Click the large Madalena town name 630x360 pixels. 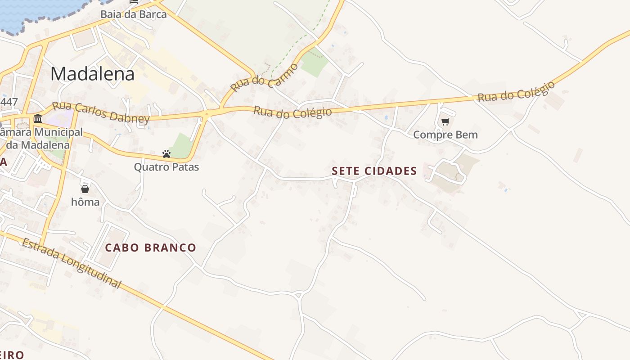(92, 74)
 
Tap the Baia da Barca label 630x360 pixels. (133, 14)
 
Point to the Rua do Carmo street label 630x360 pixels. (265, 78)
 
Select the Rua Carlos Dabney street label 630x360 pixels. (101, 112)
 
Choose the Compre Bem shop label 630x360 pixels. (445, 135)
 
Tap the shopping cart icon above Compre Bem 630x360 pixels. (445, 121)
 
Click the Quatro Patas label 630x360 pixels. (166, 167)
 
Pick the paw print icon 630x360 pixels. (166, 154)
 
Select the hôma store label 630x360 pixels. (85, 202)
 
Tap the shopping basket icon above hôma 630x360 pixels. (85, 189)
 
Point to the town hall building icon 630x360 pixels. (38, 119)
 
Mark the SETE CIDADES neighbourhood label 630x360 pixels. (374, 171)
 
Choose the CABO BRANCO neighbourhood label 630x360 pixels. (150, 247)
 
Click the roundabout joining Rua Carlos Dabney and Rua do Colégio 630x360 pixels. (207, 115)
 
